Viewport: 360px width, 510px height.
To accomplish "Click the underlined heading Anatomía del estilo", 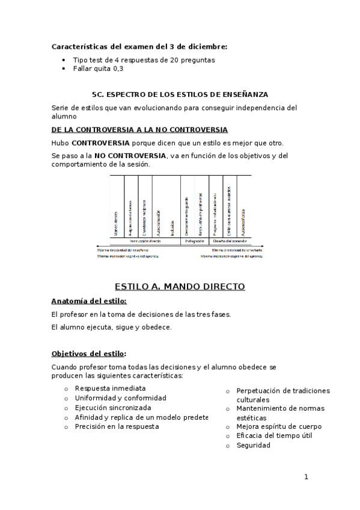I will click(89, 301).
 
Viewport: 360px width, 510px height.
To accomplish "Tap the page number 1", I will click(306, 478).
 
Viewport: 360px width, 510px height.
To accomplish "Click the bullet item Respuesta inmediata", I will click(110, 388).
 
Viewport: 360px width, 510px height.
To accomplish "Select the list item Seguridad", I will click(253, 445).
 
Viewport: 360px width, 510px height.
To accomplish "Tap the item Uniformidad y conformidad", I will click(120, 398).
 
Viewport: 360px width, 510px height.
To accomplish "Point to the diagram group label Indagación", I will click(194, 241).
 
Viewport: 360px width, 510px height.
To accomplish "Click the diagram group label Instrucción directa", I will click(145, 241).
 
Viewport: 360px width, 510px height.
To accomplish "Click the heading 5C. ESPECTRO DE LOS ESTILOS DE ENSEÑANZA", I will click(180, 94).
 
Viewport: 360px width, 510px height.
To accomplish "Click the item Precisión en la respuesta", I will click(117, 426).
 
